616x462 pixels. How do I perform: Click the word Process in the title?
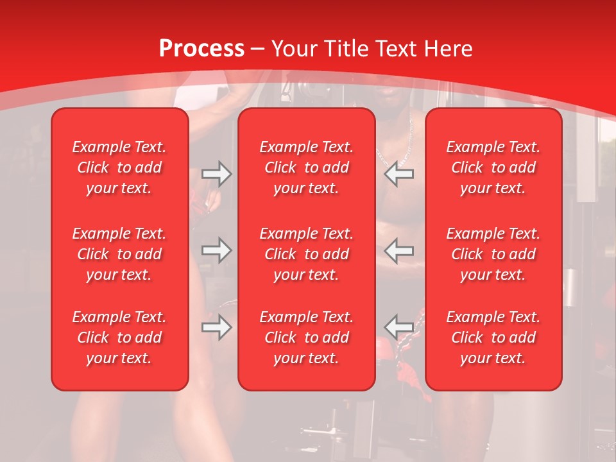click(x=201, y=49)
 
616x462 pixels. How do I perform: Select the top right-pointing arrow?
click(x=216, y=174)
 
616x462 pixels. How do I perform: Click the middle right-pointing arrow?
click(x=216, y=250)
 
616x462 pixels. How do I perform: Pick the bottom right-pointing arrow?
click(x=216, y=327)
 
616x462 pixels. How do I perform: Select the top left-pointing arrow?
click(x=399, y=174)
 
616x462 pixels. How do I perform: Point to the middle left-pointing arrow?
click(x=399, y=250)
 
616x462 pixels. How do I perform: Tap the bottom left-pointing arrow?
click(x=399, y=327)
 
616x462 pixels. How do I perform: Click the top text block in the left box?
click(x=119, y=167)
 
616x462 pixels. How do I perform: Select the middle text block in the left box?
click(x=119, y=254)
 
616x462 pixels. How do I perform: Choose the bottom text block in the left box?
click(x=119, y=338)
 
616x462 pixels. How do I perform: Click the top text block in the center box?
click(x=307, y=167)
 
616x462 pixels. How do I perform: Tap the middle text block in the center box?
click(x=307, y=254)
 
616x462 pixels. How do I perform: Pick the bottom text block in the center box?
click(x=307, y=338)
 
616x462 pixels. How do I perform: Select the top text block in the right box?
click(x=493, y=167)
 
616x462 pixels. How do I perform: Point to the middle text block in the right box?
click(x=493, y=254)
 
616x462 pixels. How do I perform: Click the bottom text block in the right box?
click(x=493, y=338)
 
